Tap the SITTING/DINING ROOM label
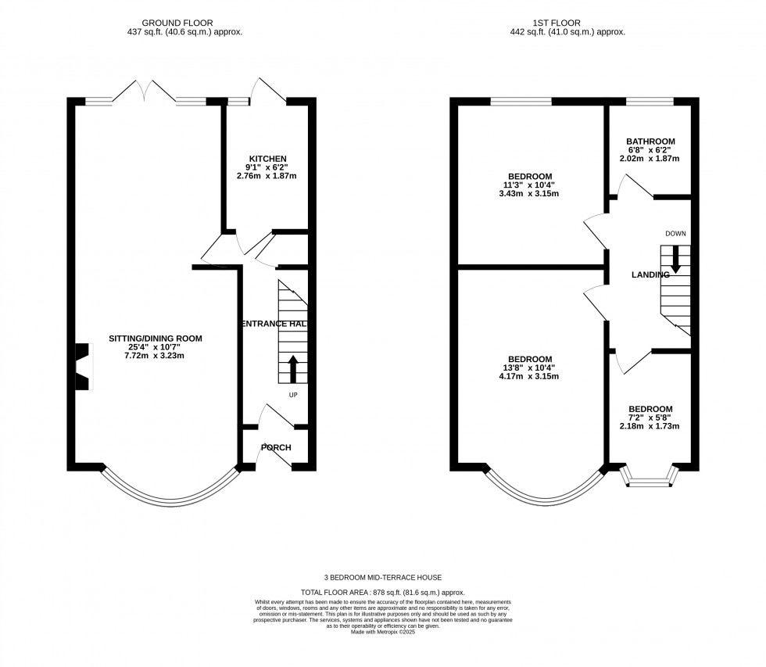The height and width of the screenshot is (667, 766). pyautogui.click(x=156, y=339)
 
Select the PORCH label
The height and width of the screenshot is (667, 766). pyautogui.click(x=275, y=448)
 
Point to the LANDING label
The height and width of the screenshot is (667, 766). pyautogui.click(x=650, y=274)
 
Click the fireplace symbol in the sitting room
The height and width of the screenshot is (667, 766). pyautogui.click(x=82, y=365)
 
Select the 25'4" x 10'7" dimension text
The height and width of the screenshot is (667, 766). pyautogui.click(x=156, y=347)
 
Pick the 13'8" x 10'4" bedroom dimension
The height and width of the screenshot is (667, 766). pyautogui.click(x=530, y=368)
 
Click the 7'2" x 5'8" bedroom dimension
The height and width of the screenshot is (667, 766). pyautogui.click(x=650, y=418)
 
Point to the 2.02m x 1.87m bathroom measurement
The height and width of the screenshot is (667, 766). pyautogui.click(x=650, y=159)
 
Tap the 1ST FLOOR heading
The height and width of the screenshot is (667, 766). pyautogui.click(x=567, y=23)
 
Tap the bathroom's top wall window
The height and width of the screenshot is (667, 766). pyautogui.click(x=650, y=101)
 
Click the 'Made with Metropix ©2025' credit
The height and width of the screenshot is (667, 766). pyautogui.click(x=382, y=632)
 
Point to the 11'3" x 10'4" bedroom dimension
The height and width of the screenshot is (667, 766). pyautogui.click(x=530, y=185)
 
